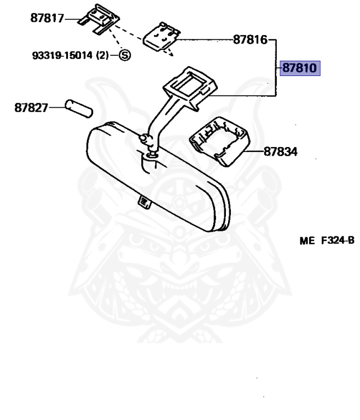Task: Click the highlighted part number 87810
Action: click(x=300, y=69)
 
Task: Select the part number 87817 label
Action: click(x=47, y=19)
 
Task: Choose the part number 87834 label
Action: click(x=281, y=151)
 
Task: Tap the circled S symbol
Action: click(x=125, y=55)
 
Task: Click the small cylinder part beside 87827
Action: click(x=79, y=108)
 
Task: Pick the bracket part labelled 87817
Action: click(x=98, y=20)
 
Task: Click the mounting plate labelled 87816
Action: click(x=161, y=36)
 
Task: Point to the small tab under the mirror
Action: click(x=144, y=202)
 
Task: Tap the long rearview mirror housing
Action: click(x=159, y=175)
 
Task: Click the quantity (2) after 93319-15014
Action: click(x=103, y=55)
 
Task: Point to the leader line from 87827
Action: click(x=57, y=108)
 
